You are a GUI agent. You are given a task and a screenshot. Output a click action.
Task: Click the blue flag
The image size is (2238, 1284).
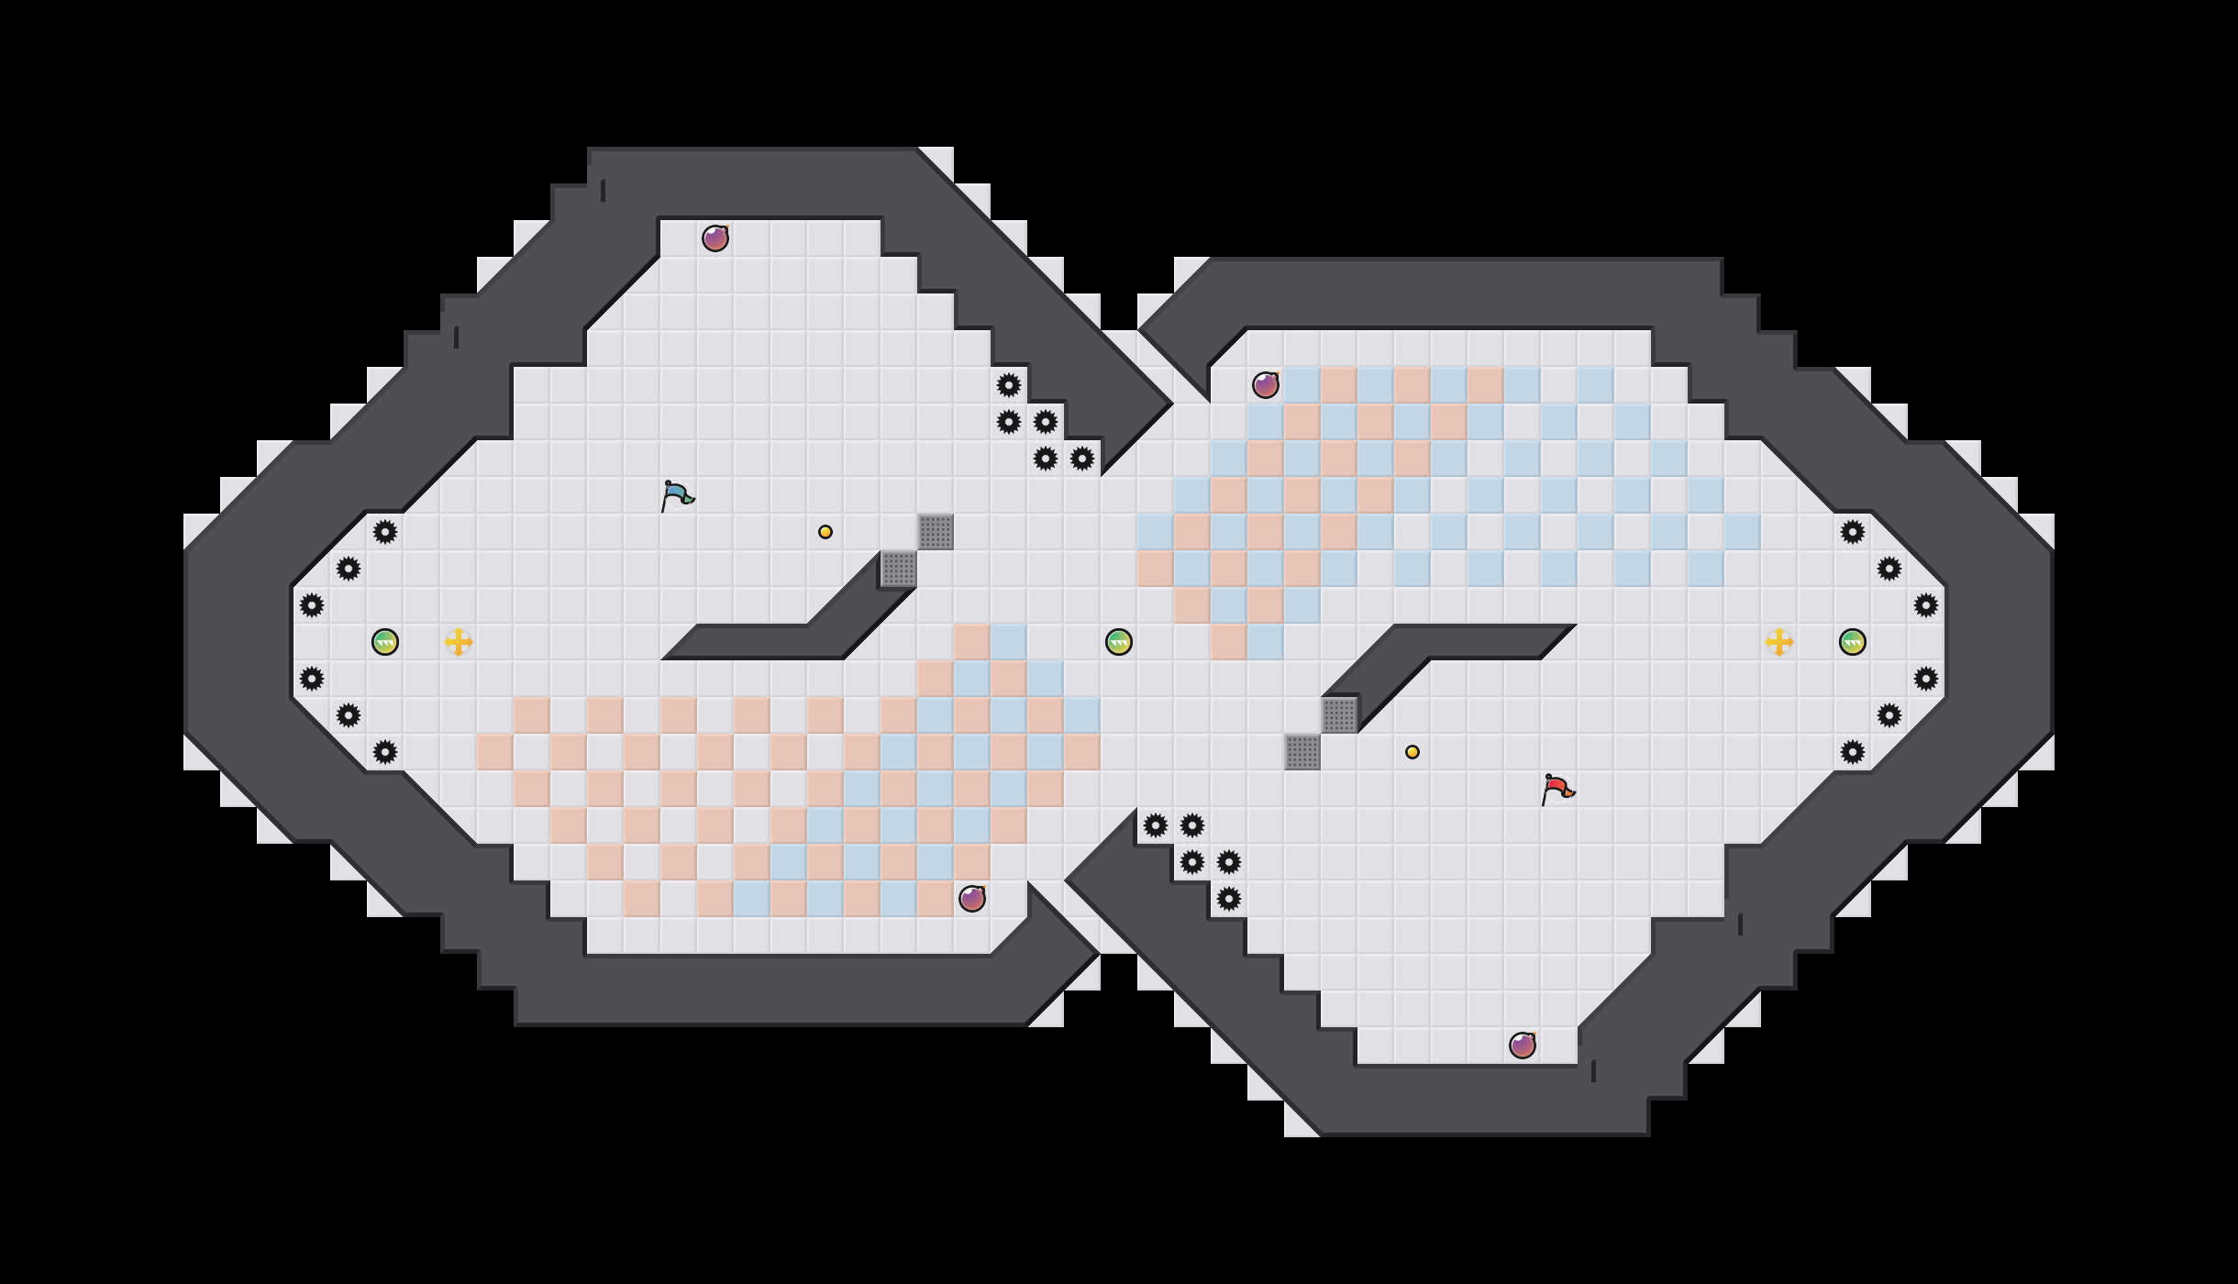(677, 495)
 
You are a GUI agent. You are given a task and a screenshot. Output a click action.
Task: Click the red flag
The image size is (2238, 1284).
(1557, 789)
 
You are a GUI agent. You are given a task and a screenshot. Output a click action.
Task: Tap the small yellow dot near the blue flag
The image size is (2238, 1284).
(825, 532)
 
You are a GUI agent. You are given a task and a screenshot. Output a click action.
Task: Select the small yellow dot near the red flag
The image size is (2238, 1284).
(1413, 752)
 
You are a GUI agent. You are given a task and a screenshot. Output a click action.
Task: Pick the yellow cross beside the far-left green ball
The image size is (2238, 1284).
(459, 642)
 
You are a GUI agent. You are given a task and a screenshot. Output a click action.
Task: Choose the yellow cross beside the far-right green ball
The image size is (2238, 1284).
(1779, 642)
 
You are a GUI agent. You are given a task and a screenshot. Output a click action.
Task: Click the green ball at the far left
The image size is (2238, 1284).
(385, 642)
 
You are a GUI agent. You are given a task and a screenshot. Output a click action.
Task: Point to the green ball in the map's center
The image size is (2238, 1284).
(1119, 642)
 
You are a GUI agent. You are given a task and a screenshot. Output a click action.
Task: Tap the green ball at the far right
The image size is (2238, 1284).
(1853, 642)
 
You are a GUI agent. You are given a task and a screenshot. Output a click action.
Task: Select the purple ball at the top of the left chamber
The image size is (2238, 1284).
(715, 238)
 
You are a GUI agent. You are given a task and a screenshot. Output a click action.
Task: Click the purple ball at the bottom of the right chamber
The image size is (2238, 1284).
(1523, 1046)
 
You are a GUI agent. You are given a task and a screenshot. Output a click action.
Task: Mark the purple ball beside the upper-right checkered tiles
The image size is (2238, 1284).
(1266, 385)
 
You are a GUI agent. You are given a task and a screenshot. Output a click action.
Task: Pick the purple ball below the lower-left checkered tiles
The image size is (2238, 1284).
(972, 899)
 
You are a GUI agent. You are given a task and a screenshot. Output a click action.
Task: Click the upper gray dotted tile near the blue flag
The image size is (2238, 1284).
(936, 532)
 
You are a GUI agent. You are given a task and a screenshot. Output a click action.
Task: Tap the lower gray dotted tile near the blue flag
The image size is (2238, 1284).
(899, 569)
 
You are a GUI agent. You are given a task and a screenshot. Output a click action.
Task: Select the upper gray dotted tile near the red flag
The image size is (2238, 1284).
(1339, 715)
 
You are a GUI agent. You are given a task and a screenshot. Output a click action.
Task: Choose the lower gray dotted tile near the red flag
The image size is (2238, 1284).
(1302, 752)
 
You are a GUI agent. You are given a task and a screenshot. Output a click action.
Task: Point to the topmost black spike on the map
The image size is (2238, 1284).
(1009, 385)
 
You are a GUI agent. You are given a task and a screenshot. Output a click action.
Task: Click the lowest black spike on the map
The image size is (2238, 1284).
(1229, 899)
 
